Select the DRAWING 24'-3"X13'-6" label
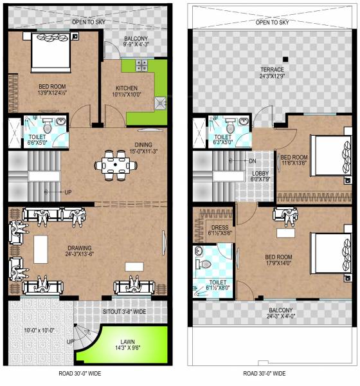pyautogui.click(x=80, y=251)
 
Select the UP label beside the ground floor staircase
pyautogui.click(x=67, y=192)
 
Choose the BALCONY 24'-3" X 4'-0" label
pyautogui.click(x=273, y=313)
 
